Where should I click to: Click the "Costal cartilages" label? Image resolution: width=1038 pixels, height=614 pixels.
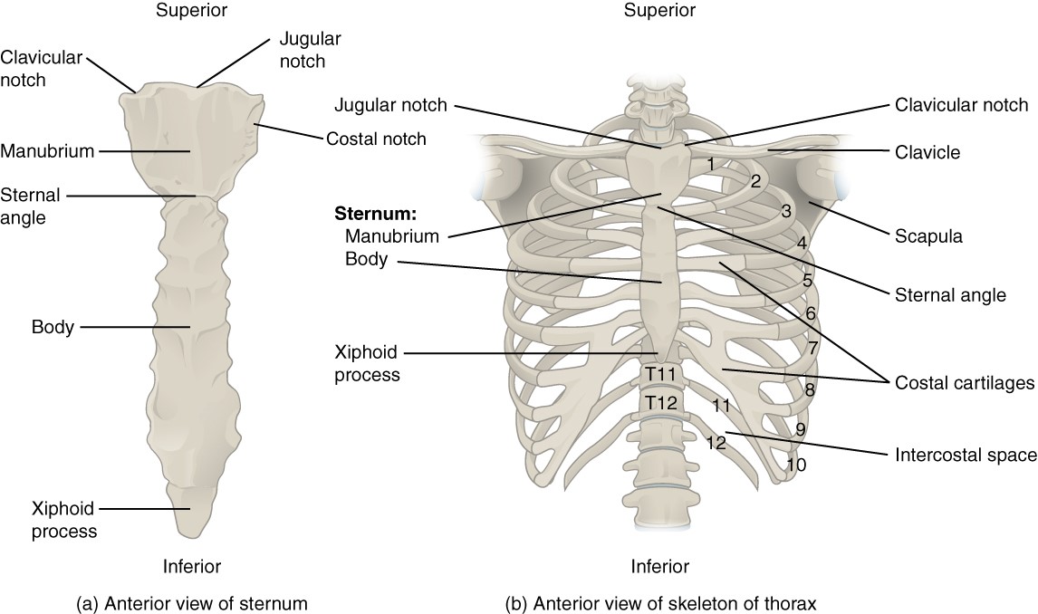[964, 383]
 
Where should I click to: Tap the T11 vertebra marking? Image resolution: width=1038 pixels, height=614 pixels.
[659, 373]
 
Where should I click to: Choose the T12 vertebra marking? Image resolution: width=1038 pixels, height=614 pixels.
[659, 400]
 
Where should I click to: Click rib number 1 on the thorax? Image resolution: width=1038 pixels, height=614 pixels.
[713, 164]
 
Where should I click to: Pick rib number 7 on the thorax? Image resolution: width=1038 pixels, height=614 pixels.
[813, 347]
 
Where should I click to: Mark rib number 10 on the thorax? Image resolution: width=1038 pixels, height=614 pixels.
[796, 465]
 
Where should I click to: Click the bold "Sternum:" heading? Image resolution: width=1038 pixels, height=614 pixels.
[376, 215]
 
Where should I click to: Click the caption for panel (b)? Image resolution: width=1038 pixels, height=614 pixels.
[662, 602]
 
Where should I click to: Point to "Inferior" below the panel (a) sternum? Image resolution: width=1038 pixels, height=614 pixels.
[192, 566]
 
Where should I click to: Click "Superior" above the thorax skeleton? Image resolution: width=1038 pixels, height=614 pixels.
[659, 11]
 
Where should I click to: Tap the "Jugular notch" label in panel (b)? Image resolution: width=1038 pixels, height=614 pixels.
[390, 105]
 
